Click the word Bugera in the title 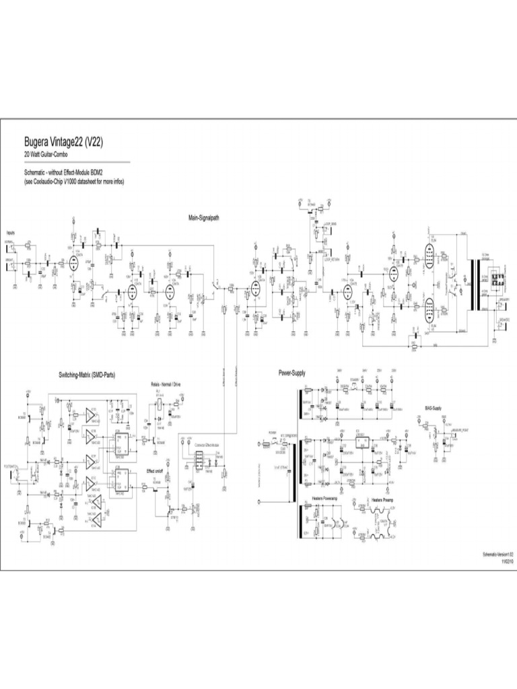pyautogui.click(x=38, y=142)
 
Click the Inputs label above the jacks pyautogui.click(x=11, y=232)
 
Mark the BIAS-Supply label pyautogui.click(x=434, y=408)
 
